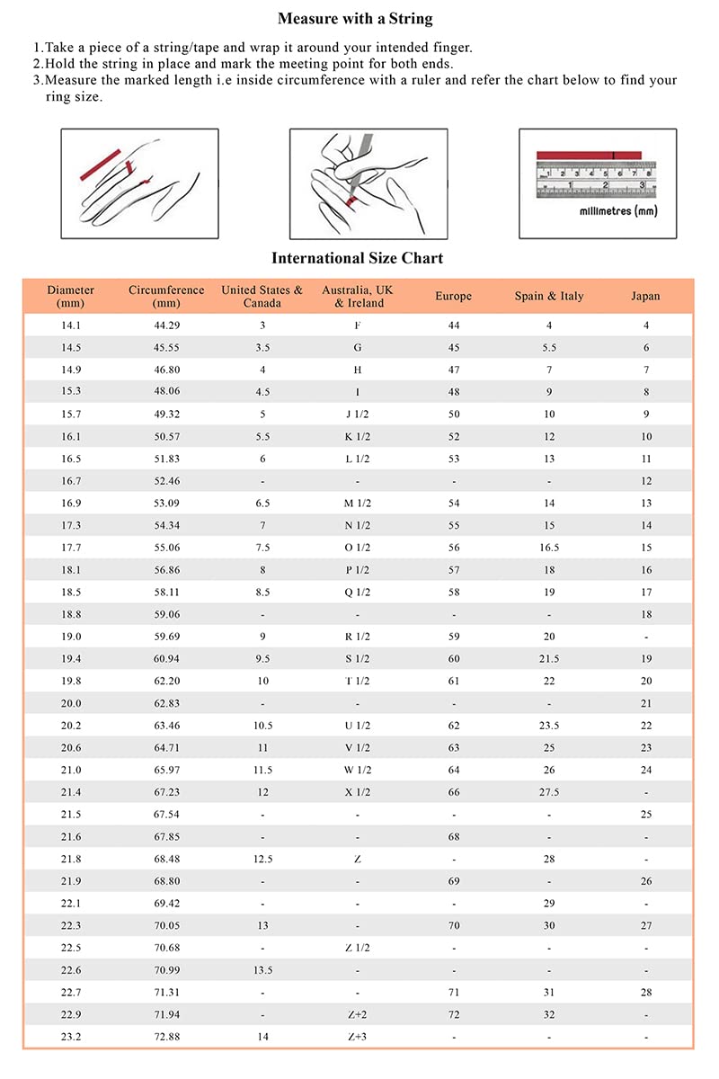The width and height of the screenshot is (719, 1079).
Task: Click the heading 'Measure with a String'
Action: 355,18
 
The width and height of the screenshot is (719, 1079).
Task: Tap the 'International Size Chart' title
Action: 357,258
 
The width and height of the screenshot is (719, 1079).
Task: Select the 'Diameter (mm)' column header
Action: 71,296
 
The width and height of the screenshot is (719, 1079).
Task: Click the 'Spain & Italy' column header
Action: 548,296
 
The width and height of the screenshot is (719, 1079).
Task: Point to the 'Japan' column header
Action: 645,296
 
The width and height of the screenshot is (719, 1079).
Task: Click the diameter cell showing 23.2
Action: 70,1037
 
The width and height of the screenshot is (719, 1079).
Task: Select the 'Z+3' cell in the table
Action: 358,1037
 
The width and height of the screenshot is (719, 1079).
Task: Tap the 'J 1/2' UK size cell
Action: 358,415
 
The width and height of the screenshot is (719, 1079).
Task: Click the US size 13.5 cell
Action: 262,970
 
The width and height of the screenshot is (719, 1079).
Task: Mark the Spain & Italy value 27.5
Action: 548,792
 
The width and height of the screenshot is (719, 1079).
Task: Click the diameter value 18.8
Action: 70,614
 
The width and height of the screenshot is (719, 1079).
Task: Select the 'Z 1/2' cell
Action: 358,948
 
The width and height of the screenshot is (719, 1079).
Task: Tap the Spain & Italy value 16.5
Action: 548,548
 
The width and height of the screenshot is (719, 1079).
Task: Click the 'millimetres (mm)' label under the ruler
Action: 617,210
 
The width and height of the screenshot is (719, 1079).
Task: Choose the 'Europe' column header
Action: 453,296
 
